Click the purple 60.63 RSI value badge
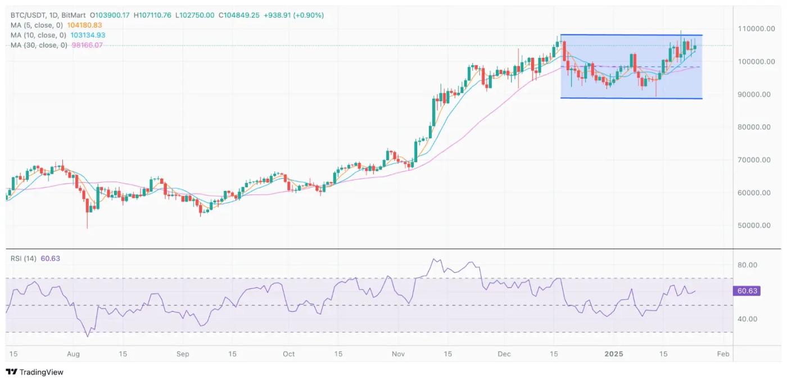[747, 291]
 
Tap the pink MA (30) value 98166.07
[87, 45]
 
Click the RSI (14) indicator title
[24, 258]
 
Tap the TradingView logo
[35, 372]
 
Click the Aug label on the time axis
[73, 354]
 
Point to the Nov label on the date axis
[398, 354]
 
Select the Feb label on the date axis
[723, 354]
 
